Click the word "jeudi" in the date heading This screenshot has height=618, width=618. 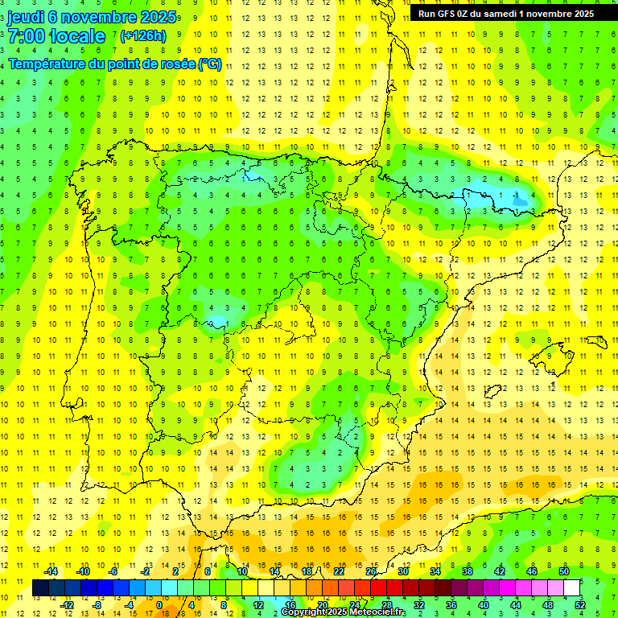(x=25, y=17)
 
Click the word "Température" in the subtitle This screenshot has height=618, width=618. (x=47, y=64)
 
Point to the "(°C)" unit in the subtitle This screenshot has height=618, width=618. (x=210, y=64)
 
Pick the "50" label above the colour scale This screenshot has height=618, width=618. (x=564, y=571)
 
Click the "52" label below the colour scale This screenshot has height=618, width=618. (x=580, y=604)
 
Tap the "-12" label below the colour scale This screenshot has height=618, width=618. (x=67, y=604)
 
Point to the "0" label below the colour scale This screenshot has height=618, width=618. (x=159, y=604)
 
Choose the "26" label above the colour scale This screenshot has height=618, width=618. (x=371, y=571)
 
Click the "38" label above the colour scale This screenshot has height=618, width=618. (x=468, y=571)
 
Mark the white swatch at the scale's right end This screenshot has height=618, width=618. (x=571, y=588)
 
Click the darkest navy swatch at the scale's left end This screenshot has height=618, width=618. (x=40, y=588)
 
